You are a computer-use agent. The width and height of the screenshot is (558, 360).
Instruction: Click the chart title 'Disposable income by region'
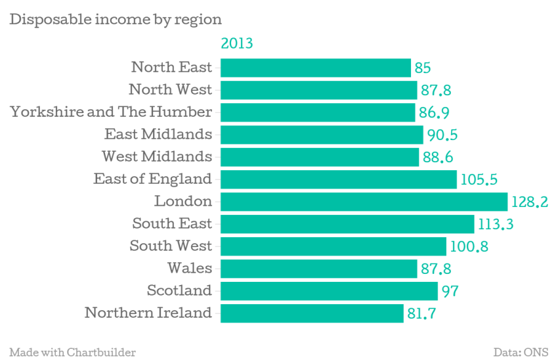click(116, 20)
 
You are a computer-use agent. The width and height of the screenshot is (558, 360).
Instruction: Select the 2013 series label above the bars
click(236, 43)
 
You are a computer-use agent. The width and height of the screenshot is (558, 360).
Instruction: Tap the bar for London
click(364, 202)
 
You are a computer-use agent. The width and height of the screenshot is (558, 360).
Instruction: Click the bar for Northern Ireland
click(312, 313)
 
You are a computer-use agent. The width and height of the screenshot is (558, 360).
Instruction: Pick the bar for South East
click(347, 224)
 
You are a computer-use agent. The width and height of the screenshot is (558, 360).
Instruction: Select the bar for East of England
click(339, 179)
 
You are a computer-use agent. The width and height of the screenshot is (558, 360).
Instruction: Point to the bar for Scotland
click(329, 291)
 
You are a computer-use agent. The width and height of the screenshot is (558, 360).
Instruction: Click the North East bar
click(316, 68)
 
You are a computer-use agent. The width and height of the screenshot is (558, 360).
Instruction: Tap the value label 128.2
click(530, 202)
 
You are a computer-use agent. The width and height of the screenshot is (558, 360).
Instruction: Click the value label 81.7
click(421, 314)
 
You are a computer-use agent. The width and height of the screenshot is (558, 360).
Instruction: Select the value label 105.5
click(479, 179)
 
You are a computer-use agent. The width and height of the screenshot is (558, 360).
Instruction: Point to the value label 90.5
click(442, 135)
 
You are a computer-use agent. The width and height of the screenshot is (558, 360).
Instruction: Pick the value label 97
click(450, 291)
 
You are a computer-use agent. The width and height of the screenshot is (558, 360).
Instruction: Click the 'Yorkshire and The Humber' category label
click(111, 112)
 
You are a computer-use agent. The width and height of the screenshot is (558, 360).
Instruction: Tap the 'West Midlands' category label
click(157, 156)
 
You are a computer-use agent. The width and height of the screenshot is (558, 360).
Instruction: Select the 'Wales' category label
click(190, 268)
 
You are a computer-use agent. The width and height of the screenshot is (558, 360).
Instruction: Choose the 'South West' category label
click(171, 246)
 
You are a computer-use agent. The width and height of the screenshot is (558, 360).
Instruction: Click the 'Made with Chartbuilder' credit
click(73, 352)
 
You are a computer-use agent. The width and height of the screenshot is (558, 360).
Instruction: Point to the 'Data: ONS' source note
click(521, 352)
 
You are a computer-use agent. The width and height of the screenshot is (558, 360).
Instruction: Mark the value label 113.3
click(496, 224)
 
